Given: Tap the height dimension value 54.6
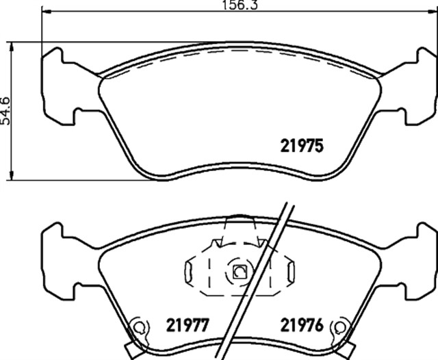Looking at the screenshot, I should [6, 110].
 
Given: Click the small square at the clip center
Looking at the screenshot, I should [240, 272].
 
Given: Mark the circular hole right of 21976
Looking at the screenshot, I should [337, 326].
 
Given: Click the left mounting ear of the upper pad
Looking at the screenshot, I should [58, 86].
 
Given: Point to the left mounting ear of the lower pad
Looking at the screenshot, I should [58, 260].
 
